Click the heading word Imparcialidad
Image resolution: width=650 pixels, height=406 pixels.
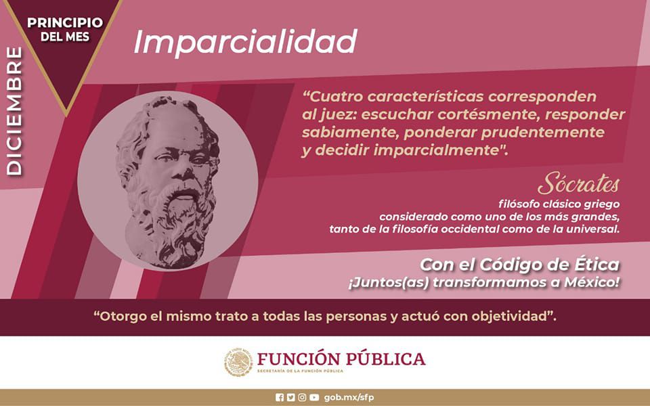point(244,42)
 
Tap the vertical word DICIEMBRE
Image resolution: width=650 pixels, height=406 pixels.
point(14,112)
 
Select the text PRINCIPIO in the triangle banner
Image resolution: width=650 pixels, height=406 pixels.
point(65,22)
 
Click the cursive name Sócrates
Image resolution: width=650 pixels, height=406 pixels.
point(578,184)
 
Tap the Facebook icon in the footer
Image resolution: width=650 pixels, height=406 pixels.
point(280,397)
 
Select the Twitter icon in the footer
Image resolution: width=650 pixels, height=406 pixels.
point(290,397)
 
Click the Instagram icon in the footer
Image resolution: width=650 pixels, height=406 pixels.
point(302,397)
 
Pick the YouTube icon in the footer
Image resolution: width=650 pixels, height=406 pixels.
point(314,397)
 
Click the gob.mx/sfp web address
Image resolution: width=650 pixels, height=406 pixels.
point(349,397)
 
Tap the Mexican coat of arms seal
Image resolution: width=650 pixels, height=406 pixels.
point(238,363)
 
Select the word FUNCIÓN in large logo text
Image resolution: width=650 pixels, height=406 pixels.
point(295,359)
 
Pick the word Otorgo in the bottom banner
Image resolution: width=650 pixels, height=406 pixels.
point(125,317)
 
